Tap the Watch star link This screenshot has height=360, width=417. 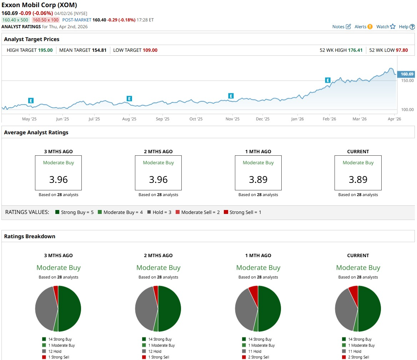386,26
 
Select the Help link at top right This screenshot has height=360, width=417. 407,26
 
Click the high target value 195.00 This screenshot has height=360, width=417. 45,50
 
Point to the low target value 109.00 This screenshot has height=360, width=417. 150,50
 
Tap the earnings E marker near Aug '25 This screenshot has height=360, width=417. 129,99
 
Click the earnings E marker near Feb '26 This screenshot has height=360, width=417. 328,80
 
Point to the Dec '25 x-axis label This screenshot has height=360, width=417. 263,119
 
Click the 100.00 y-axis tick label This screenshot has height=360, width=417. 407,110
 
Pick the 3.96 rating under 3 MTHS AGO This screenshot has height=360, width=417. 58,179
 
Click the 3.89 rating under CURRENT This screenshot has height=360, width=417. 358,179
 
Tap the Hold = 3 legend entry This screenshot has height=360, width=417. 160,212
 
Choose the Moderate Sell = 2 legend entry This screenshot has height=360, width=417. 197,212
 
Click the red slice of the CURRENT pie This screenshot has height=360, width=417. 353,292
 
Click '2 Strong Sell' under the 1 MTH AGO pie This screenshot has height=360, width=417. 259,357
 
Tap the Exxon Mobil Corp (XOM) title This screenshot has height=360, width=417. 39,5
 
